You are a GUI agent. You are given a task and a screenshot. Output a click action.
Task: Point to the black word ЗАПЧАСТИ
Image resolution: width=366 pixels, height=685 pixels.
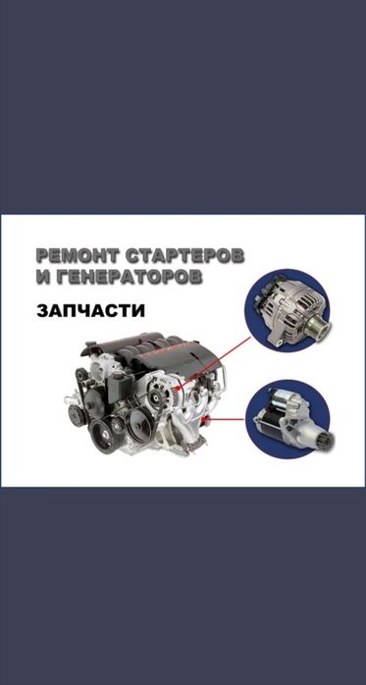pos(91,311)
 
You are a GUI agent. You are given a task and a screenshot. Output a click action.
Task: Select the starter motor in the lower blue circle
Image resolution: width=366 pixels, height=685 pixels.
pos(292,419)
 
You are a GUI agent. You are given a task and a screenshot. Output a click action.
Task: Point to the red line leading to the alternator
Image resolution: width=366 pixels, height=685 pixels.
pos(213,362)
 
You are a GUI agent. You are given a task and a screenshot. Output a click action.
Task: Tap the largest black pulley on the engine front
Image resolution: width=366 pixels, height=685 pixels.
pos(140,422)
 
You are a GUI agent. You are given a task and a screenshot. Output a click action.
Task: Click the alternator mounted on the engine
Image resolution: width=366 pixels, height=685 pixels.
pos(163,389)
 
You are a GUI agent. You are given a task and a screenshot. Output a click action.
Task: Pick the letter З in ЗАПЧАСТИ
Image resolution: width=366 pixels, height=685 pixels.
pos(42,311)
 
